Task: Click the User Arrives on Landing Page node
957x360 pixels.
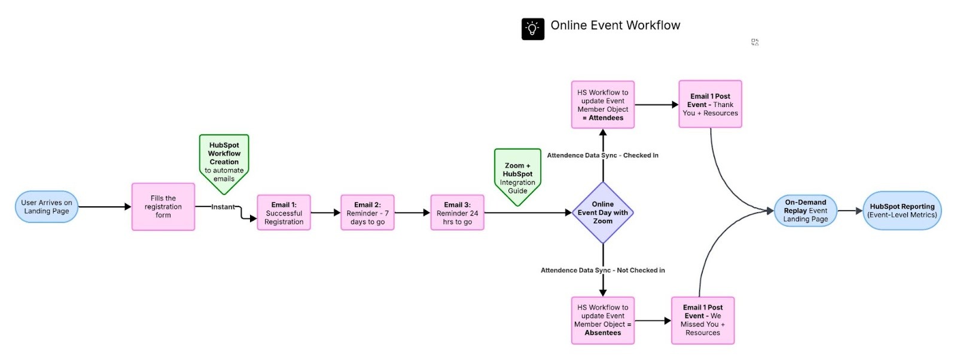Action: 47,207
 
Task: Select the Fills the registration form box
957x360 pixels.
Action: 163,207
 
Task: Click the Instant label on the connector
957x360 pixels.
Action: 223,207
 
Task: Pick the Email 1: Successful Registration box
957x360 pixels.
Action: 284,213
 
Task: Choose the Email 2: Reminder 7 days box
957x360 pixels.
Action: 367,213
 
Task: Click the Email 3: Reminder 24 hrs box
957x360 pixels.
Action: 457,213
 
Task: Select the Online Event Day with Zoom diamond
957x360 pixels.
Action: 603,213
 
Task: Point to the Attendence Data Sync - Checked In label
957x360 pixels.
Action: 602,155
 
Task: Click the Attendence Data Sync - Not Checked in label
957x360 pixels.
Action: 602,270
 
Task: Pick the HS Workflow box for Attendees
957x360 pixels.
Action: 603,105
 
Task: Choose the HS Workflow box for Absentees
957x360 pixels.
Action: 603,321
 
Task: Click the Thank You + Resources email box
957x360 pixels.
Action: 710,105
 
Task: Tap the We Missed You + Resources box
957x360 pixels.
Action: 703,321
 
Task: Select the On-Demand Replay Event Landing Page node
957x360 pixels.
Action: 805,210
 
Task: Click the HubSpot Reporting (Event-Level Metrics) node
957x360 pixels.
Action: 902,210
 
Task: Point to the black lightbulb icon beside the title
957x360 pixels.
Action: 533,29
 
